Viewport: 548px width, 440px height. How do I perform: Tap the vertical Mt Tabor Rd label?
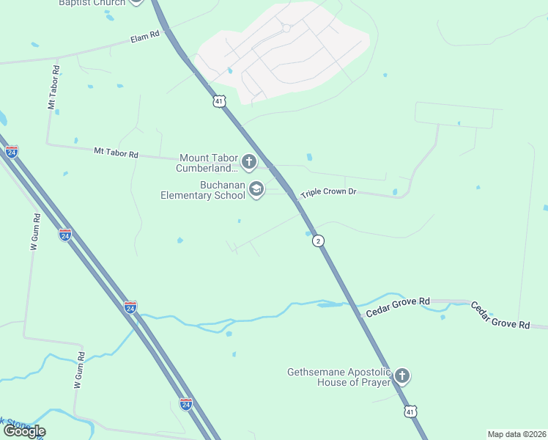click(x=53, y=87)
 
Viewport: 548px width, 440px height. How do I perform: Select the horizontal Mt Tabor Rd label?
click(x=116, y=153)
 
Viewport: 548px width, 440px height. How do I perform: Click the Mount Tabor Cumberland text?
click(x=207, y=163)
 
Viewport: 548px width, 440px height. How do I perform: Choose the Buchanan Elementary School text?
click(x=204, y=191)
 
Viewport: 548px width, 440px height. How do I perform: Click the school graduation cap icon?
click(x=256, y=190)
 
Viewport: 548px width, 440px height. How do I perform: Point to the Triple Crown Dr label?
click(x=327, y=191)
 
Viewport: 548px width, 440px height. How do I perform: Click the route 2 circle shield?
click(x=318, y=241)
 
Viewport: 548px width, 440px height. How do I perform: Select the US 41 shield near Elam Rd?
click(x=219, y=101)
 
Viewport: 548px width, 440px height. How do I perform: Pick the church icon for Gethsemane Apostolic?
click(x=401, y=377)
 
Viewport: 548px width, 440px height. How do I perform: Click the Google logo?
click(x=23, y=431)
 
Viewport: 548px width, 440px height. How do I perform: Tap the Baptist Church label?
click(x=92, y=3)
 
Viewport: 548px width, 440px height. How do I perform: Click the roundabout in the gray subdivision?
click(x=286, y=29)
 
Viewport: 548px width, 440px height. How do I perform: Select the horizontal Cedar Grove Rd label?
click(x=398, y=307)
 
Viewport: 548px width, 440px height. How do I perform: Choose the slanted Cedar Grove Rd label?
click(x=500, y=315)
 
